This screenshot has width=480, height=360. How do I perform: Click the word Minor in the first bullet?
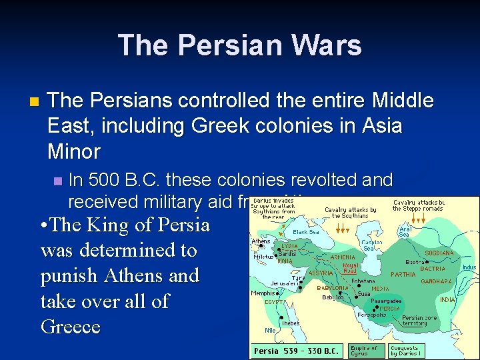click(73, 151)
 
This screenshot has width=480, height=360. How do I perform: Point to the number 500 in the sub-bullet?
click(105, 181)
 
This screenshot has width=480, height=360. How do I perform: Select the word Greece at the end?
click(70, 327)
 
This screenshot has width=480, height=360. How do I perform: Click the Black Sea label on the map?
click(306, 232)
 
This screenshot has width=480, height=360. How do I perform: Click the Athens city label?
click(261, 241)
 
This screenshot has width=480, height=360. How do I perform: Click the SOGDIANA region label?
click(440, 253)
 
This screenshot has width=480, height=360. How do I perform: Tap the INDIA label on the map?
click(447, 299)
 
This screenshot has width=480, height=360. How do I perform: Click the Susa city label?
click(365, 293)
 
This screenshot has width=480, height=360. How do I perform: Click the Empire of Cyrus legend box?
click(364, 350)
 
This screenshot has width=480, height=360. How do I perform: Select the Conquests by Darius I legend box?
click(405, 350)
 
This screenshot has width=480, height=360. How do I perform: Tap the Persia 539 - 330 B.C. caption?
click(296, 350)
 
